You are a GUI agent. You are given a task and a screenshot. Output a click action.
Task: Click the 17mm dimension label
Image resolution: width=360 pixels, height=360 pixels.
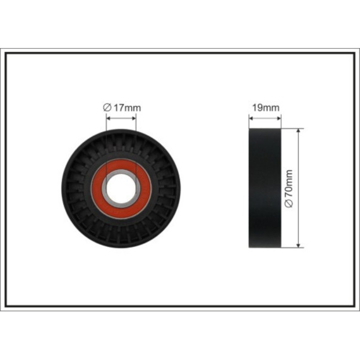(128, 107)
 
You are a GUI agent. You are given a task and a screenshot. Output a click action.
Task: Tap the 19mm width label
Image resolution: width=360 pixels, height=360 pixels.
(266, 107)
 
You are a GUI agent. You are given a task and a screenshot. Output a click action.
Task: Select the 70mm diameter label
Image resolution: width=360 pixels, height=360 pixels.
(289, 183)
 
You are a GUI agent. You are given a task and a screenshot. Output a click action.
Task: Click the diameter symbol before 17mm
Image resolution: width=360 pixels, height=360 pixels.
(107, 107)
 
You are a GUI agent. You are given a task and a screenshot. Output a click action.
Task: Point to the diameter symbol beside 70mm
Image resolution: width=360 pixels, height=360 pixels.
(289, 203)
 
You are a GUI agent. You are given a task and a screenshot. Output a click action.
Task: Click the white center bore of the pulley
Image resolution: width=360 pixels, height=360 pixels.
(121, 189)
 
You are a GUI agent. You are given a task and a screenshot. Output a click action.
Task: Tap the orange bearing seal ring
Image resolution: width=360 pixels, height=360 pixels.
(121, 189)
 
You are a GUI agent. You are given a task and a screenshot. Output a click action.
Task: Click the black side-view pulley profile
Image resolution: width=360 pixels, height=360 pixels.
(265, 188)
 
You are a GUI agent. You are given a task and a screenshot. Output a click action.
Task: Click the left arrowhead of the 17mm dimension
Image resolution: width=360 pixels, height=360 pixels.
(109, 119)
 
